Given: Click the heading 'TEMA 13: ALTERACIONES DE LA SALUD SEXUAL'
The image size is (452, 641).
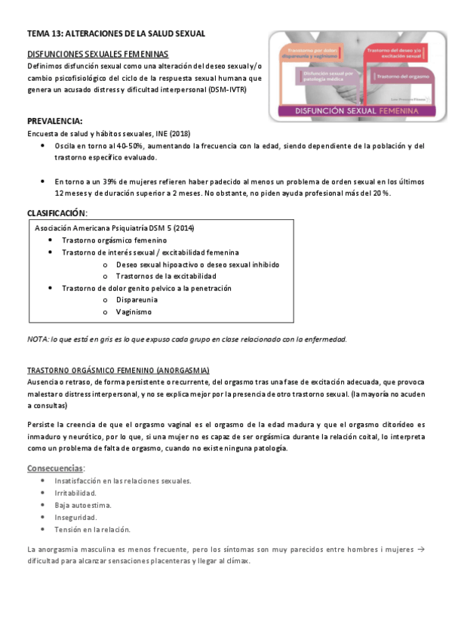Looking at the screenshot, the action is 115,34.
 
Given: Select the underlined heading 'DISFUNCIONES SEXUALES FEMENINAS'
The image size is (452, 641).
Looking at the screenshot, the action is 97,54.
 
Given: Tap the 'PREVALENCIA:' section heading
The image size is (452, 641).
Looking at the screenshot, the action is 55,121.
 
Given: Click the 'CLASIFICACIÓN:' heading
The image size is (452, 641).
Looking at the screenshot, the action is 57,212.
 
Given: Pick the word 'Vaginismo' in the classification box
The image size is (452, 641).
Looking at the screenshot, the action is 134,312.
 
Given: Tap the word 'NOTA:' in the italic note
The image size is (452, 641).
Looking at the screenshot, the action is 37,339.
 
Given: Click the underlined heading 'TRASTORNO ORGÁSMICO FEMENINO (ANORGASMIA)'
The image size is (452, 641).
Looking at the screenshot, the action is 118,370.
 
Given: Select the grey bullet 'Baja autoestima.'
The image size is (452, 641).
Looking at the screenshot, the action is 83,505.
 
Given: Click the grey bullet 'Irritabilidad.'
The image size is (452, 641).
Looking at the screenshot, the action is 75,493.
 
